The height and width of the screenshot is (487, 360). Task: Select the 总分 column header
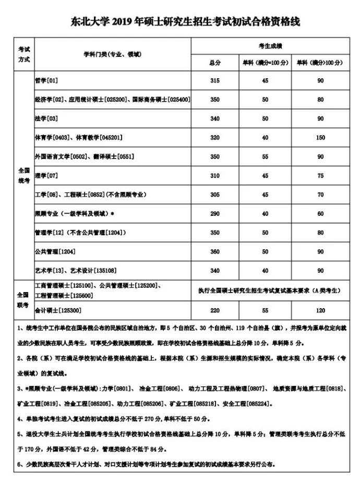click(215, 62)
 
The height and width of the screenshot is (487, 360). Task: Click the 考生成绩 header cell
click(270, 46)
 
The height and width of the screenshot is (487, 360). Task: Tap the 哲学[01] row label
click(46, 80)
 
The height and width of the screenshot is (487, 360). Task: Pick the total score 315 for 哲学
click(215, 80)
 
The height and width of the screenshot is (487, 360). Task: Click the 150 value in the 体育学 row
click(320, 138)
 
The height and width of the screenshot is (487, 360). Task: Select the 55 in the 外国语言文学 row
click(265, 156)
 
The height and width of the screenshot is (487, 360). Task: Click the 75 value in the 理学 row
click(320, 176)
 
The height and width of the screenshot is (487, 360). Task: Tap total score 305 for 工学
click(215, 194)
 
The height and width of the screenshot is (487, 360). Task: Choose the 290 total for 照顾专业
click(215, 214)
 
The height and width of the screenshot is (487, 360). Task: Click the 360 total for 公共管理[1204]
click(215, 252)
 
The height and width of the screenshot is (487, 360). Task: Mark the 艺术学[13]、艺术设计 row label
click(75, 271)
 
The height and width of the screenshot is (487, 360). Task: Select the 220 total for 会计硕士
click(215, 310)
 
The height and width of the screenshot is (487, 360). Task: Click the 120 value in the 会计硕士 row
click(320, 310)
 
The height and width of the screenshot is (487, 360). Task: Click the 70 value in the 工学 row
click(320, 194)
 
